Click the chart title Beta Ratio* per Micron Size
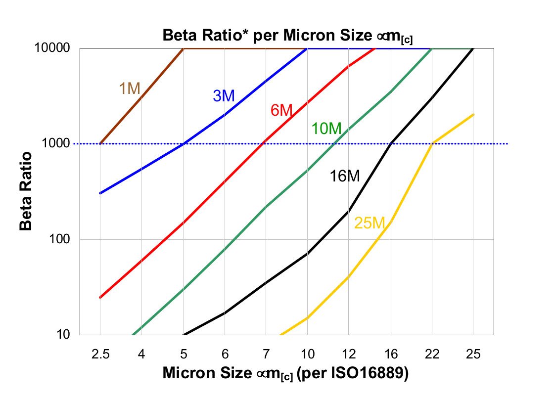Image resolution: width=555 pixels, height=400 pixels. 287,36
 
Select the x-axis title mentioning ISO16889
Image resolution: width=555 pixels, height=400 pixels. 285,374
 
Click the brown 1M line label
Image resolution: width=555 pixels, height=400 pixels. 130,89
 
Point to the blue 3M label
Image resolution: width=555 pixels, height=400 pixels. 224,96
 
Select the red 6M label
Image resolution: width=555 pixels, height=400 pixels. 282,110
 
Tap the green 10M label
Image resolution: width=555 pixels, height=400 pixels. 326,129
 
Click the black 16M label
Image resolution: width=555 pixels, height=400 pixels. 345,176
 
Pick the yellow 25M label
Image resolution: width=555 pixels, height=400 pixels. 370,223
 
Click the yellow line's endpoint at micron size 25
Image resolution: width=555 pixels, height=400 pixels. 473,115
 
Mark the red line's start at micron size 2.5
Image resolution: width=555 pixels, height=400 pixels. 100,297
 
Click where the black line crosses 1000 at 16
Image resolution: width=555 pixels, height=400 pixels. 391,143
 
